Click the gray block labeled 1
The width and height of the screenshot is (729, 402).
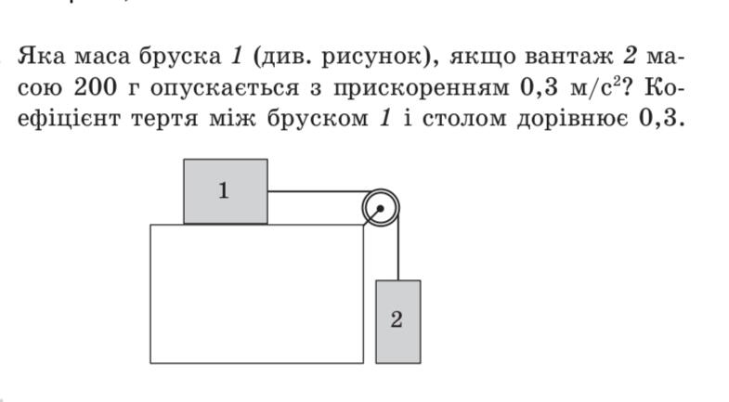pos(226,191)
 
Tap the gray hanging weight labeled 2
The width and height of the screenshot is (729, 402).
pos(398,321)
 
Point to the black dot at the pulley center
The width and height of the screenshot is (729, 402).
pos(381,208)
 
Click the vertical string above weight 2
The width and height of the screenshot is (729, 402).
pos(398,245)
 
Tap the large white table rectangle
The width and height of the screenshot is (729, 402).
pos(257,293)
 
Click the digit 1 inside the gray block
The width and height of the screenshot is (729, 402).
pos(224,190)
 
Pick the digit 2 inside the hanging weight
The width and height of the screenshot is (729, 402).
pos(397,319)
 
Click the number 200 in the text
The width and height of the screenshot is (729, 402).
pos(95,87)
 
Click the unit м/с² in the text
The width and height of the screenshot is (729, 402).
pos(595,87)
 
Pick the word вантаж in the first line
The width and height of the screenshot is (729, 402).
pos(569,58)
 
